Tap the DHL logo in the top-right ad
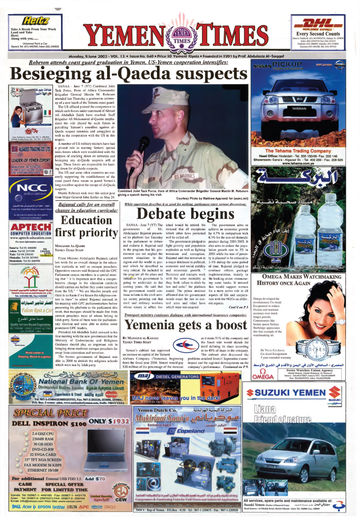[x=322, y=22]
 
